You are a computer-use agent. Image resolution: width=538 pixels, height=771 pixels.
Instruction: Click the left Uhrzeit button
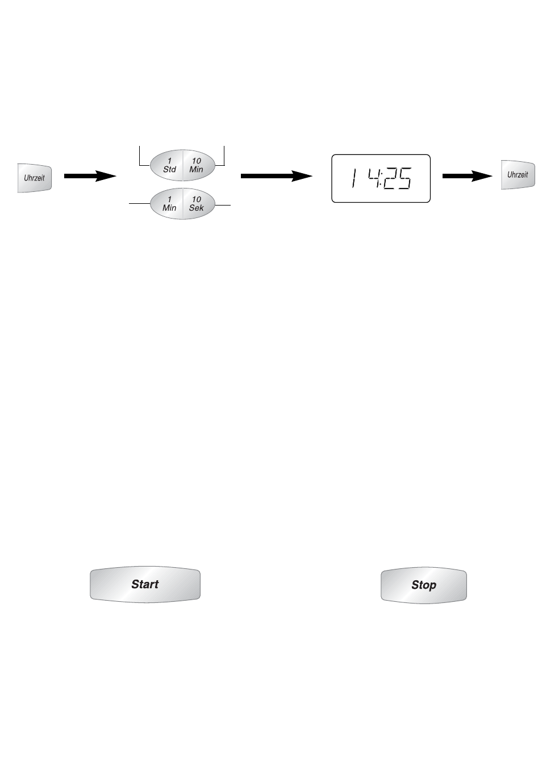pos(35,177)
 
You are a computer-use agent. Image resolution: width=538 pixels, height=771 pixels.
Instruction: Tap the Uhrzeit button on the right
pos(518,174)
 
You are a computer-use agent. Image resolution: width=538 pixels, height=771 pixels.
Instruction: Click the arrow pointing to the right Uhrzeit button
pos(466,177)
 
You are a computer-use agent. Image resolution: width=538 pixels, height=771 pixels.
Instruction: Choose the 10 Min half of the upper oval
pos(197,165)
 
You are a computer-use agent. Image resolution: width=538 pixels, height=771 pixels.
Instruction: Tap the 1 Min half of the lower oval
pos(169,204)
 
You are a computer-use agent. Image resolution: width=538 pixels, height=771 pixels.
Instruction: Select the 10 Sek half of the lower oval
pos(197,204)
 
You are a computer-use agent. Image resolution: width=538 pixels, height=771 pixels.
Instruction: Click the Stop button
pos(423,585)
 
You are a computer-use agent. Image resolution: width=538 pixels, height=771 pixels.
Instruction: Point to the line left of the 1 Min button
pos(140,203)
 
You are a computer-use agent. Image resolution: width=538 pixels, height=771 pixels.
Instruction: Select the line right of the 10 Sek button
pos(223,204)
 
